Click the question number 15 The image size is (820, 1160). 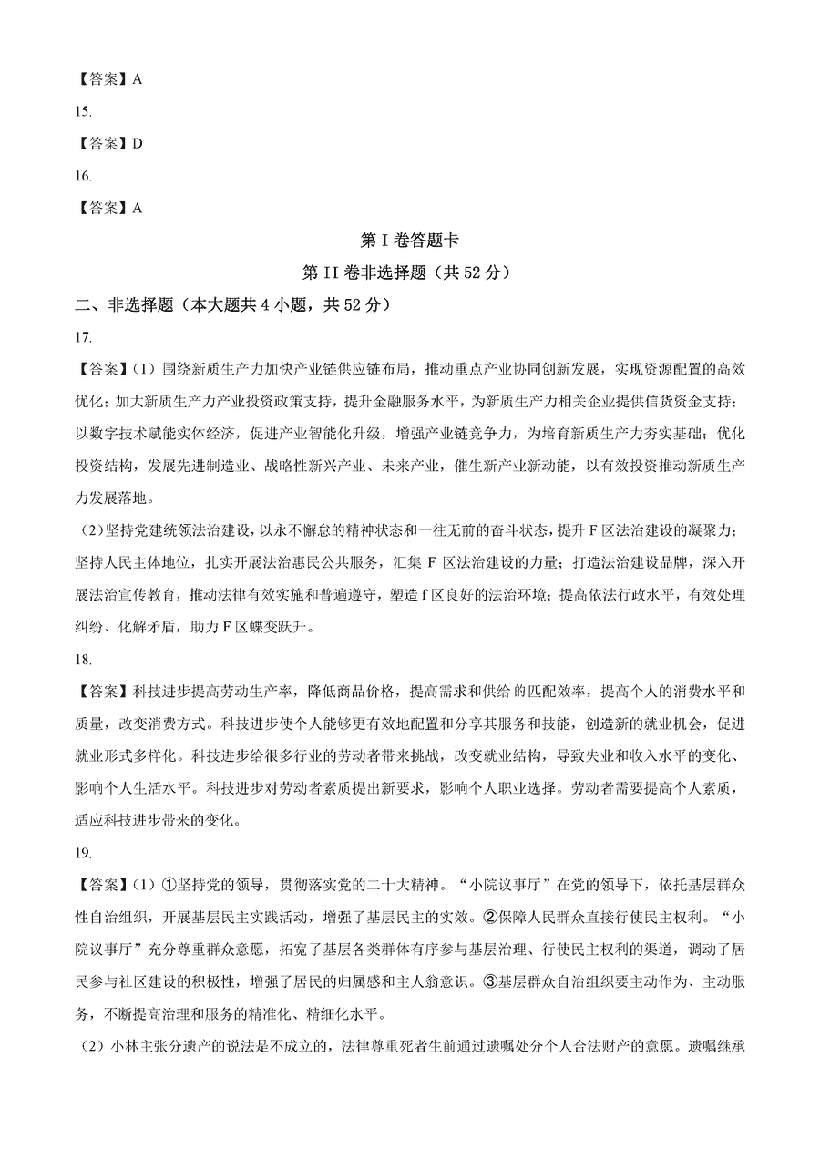pyautogui.click(x=84, y=111)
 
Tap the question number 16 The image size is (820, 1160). pyautogui.click(x=84, y=175)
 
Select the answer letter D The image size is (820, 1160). pyautogui.click(x=138, y=143)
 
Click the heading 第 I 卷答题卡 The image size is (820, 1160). pyautogui.click(x=409, y=241)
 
